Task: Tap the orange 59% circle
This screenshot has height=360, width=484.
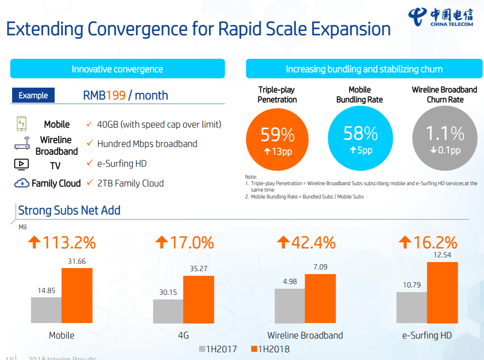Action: click(x=278, y=138)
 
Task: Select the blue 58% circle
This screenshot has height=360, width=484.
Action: click(x=360, y=138)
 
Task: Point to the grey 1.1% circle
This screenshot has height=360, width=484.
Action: click(x=444, y=138)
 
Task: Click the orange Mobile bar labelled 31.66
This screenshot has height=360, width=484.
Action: click(x=77, y=296)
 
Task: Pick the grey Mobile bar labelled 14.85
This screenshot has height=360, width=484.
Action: click(x=46, y=310)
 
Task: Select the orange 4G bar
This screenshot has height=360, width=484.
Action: click(x=199, y=299)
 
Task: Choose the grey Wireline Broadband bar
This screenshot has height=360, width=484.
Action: click(x=290, y=305)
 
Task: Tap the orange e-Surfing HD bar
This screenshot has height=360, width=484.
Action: click(x=442, y=292)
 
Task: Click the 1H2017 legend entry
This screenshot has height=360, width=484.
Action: click(x=218, y=349)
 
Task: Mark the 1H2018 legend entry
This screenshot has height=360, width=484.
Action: click(x=270, y=349)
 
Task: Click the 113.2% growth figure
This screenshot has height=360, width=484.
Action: click(x=62, y=243)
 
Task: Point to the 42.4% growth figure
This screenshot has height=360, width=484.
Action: click(x=306, y=243)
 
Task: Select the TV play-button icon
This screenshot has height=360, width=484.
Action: click(x=21, y=164)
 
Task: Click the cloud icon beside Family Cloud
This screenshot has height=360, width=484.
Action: click(x=21, y=183)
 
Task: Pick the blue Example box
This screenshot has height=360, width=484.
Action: click(x=33, y=95)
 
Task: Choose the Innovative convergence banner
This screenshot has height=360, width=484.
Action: click(x=117, y=69)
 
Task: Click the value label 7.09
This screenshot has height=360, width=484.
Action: click(x=320, y=267)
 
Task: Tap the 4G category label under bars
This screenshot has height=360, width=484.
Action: click(x=184, y=336)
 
